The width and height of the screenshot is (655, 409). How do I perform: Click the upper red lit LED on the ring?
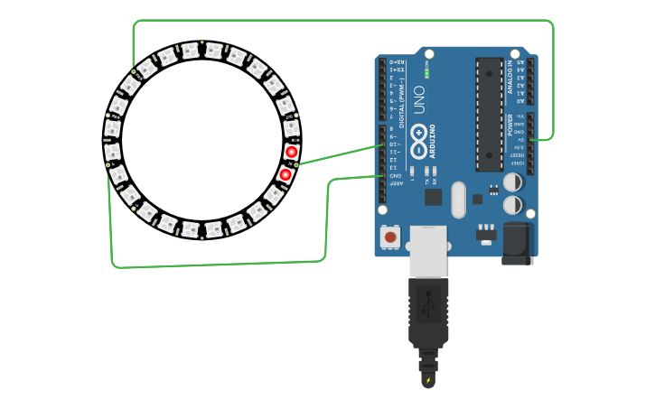click(291, 152)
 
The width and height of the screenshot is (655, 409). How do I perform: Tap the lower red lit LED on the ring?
click(285, 174)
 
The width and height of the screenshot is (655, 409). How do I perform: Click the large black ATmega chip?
click(489, 115)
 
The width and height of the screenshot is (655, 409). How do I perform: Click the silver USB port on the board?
click(428, 250)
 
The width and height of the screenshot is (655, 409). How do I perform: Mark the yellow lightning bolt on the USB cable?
click(428, 380)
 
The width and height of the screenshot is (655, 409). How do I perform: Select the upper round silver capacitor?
click(512, 182)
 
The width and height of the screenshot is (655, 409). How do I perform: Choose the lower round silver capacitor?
click(512, 205)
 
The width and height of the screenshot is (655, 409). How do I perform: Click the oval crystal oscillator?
click(458, 200)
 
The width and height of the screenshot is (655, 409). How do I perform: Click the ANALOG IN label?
click(510, 76)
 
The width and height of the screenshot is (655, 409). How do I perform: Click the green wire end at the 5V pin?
click(531, 139)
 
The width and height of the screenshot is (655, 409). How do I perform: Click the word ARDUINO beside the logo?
click(433, 141)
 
